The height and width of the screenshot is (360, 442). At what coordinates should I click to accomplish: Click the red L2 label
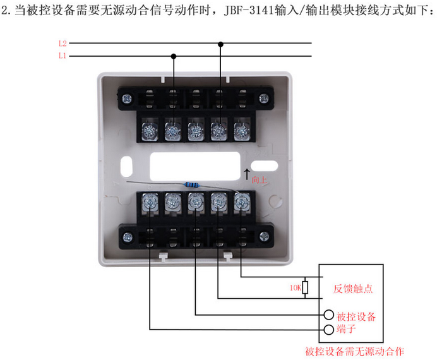(x=62, y=44)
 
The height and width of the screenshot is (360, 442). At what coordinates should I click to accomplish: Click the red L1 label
(x=62, y=56)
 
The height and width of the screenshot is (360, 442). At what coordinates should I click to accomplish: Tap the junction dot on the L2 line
(x=220, y=44)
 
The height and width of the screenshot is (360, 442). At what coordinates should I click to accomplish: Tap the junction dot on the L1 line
(x=174, y=56)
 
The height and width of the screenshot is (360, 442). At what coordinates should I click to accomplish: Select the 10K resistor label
(x=294, y=288)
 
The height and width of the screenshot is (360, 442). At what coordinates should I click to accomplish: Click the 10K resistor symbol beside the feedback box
(x=306, y=288)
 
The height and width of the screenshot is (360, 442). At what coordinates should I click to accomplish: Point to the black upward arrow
(x=247, y=171)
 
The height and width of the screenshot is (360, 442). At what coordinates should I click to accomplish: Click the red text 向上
(x=260, y=180)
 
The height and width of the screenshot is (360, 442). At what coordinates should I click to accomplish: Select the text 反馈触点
(x=352, y=289)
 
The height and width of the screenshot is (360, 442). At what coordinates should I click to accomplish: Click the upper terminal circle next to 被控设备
(x=328, y=315)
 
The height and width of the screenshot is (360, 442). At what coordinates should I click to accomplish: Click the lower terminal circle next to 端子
(x=328, y=330)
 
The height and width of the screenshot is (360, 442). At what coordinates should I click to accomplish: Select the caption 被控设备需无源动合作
(x=354, y=351)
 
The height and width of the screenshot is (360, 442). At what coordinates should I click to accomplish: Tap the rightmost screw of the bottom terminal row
(x=241, y=202)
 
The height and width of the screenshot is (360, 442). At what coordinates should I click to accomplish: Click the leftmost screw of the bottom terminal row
(x=150, y=202)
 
